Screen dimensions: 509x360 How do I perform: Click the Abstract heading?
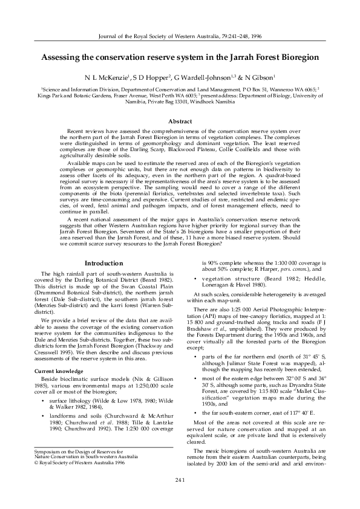(180, 122)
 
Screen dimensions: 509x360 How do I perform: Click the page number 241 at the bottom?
(180, 497)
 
